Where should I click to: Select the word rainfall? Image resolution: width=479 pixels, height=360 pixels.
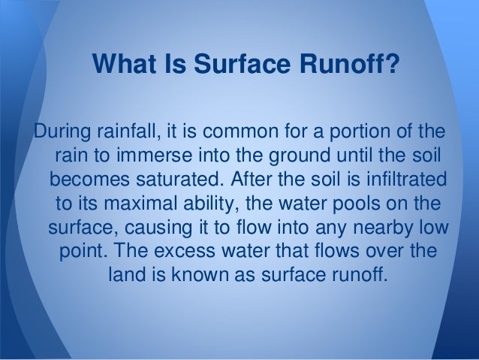pyautogui.click(x=126, y=135)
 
